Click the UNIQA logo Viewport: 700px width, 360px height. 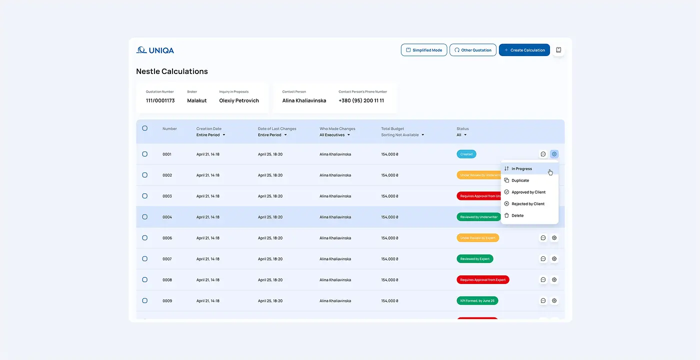point(155,50)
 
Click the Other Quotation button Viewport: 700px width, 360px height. point(473,50)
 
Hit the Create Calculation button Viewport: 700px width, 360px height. point(524,50)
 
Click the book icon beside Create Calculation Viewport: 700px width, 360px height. point(558,50)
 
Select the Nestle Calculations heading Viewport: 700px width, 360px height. point(172,71)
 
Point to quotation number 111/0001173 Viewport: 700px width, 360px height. point(160,100)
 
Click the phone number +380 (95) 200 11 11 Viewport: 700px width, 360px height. point(361,100)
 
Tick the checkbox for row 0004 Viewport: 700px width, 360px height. point(145,217)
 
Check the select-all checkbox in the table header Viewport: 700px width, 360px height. point(145,128)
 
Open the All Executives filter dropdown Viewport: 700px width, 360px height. point(334,135)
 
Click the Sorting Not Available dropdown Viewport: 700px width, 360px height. point(402,135)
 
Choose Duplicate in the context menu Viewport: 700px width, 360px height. point(520,180)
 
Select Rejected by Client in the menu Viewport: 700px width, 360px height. point(527,204)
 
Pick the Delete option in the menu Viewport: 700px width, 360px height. point(517,215)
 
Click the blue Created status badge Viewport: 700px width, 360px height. point(466,154)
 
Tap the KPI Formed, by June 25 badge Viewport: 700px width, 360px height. point(477,301)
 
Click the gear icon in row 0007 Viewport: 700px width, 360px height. point(554,259)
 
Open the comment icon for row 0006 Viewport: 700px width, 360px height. point(543,238)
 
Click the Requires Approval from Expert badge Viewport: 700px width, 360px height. point(482,280)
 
